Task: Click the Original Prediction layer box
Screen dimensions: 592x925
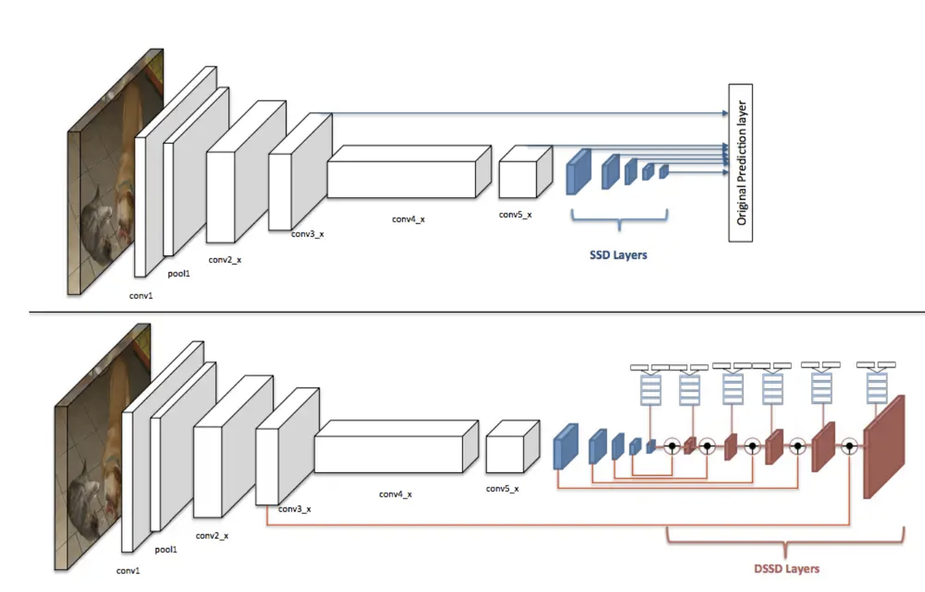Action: pyautogui.click(x=740, y=163)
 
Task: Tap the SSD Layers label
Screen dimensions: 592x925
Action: pyautogui.click(x=618, y=255)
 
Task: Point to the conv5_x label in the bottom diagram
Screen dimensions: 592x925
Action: pyautogui.click(x=502, y=489)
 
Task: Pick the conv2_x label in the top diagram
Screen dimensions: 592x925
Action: pyautogui.click(x=224, y=260)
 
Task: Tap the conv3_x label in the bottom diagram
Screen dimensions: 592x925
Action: pyautogui.click(x=294, y=509)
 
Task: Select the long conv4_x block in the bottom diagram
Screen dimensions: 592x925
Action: pyautogui.click(x=395, y=446)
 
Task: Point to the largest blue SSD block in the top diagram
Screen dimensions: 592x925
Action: pyautogui.click(x=579, y=172)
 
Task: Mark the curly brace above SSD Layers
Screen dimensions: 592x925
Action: pyautogui.click(x=619, y=220)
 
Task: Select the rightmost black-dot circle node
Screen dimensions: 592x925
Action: pyautogui.click(x=849, y=446)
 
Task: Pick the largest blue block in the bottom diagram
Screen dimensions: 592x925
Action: pyautogui.click(x=566, y=447)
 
